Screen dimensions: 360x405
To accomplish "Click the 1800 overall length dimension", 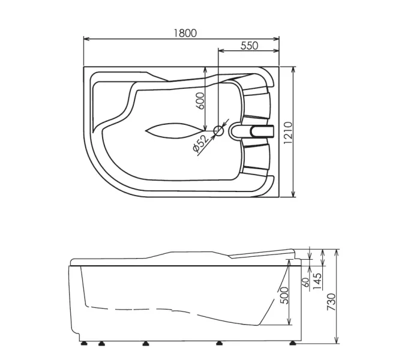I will click(x=186, y=34).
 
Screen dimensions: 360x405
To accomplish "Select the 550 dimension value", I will click(x=249, y=46).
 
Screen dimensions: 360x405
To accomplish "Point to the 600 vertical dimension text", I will click(x=201, y=99).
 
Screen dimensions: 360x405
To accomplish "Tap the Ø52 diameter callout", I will click(x=200, y=145).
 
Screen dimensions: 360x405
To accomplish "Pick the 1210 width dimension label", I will click(x=288, y=132).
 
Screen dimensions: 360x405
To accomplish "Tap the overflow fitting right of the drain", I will click(x=254, y=130).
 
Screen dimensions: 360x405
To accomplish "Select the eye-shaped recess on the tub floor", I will click(x=173, y=130).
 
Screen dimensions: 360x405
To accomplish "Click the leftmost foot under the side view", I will click(x=85, y=344).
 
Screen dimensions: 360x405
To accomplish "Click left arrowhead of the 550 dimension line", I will click(x=220, y=52).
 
